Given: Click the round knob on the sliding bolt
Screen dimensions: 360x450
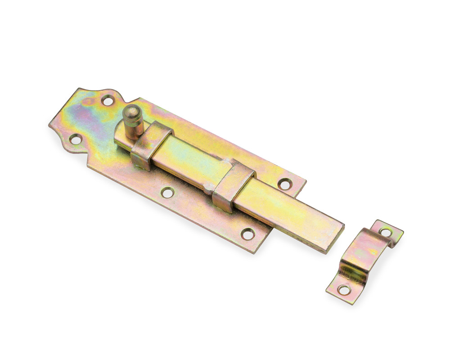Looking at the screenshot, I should point(133,122).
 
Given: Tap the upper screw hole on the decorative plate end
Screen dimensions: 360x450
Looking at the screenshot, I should point(108,100).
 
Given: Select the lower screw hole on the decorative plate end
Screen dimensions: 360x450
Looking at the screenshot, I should point(76,139).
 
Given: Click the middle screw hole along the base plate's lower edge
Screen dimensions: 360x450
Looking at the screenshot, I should point(167,193).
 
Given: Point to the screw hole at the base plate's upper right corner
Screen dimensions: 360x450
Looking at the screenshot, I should point(284,184).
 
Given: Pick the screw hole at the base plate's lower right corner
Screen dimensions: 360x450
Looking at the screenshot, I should point(247,234).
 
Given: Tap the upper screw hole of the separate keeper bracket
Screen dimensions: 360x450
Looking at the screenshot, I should point(385,232).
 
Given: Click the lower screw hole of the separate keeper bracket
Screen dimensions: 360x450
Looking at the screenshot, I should point(344,290).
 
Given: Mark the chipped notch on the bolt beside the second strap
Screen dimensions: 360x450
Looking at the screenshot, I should point(208,188).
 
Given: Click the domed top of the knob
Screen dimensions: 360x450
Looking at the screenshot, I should point(131,109).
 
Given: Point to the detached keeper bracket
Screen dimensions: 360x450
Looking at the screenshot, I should point(364,261).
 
